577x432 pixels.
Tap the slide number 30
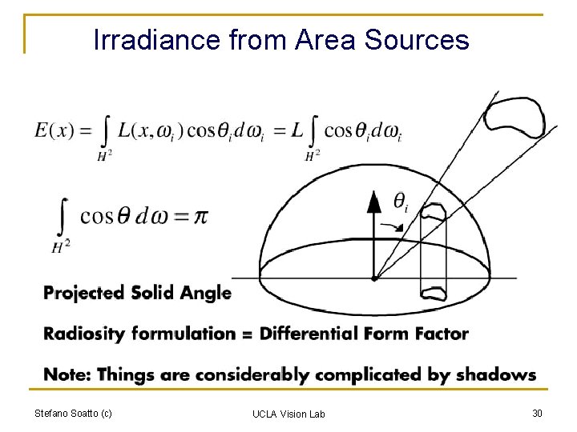[536, 413]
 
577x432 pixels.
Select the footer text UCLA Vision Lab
[288, 414]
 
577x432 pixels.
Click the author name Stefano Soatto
[73, 413]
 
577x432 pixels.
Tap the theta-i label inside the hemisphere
[401, 202]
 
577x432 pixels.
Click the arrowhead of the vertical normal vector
[373, 201]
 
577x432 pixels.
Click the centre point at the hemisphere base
[374, 278]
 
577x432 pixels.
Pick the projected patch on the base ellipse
[434, 290]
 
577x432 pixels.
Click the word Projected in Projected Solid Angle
[82, 293]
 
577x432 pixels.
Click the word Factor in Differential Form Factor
[442, 334]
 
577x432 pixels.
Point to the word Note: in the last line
[67, 374]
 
